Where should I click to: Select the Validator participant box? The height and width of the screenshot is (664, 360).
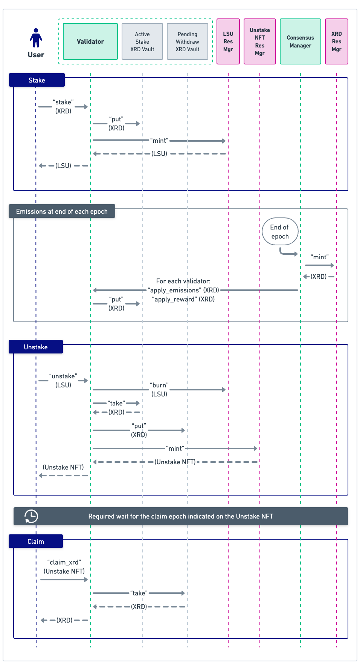point(90,41)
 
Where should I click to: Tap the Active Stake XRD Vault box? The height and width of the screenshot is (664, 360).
point(142,41)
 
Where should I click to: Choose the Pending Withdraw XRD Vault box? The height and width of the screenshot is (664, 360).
point(188,41)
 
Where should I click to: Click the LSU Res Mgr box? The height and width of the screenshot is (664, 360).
point(228,41)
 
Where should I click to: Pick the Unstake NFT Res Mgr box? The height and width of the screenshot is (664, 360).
point(260,41)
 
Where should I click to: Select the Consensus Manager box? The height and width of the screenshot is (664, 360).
point(301,41)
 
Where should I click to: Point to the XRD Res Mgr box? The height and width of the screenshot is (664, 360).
point(337,41)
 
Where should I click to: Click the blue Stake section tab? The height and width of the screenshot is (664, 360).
point(37,80)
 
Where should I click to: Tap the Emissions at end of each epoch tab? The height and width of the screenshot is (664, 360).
point(62,211)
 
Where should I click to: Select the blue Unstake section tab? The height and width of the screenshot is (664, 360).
point(36,347)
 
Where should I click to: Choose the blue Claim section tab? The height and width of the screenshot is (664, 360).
point(36,542)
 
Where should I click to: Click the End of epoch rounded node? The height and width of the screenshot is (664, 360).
point(280,232)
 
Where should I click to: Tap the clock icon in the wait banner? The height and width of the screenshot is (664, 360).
point(31,516)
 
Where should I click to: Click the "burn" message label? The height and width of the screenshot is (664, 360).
point(159,385)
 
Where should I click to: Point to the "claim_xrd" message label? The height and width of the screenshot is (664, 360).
point(64,562)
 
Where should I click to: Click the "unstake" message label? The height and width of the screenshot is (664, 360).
point(63,376)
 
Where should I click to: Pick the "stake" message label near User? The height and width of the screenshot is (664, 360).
point(63,102)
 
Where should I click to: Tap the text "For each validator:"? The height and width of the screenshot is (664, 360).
point(183,281)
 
